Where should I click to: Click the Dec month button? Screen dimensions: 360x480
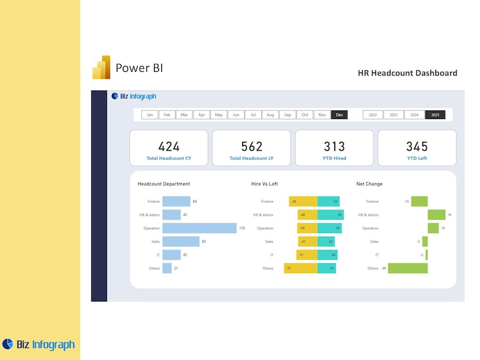tap(339, 115)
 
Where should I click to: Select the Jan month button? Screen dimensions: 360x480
tap(149, 115)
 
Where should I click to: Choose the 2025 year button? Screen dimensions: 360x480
tap(435, 115)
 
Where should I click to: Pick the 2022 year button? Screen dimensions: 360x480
tap(372, 115)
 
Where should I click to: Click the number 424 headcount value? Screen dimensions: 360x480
tap(169, 146)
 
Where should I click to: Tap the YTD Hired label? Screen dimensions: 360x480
tap(334, 158)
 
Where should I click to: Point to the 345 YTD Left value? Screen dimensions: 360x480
tap(417, 146)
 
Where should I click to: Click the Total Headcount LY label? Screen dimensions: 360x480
tap(251, 158)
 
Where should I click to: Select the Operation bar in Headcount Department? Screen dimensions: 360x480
tap(199, 228)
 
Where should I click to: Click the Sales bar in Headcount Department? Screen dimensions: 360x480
tap(181, 242)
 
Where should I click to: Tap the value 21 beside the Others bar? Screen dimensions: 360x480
tap(176, 268)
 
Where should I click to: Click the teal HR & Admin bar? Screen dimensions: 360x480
tap(330, 215)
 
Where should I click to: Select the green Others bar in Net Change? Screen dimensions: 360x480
tap(407, 268)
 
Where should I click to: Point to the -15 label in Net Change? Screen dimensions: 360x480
tap(406, 202)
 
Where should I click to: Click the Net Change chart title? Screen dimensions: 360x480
tap(369, 184)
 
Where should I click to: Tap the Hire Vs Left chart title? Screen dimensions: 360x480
tap(264, 184)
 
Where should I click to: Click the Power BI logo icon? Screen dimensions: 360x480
tap(101, 68)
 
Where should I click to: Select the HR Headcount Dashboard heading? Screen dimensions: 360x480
tap(407, 73)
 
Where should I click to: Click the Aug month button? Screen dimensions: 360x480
tap(270, 115)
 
